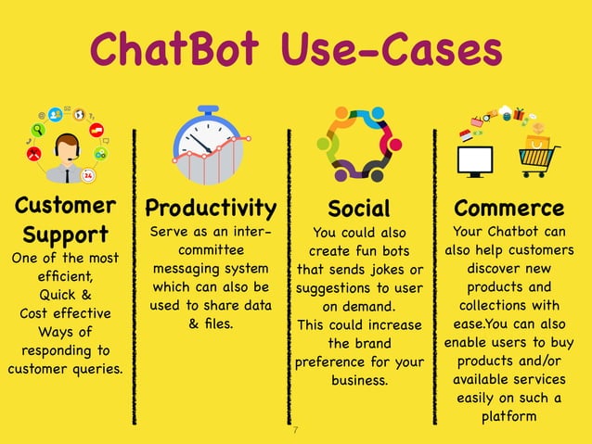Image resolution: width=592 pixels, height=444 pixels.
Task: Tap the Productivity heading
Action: [x=211, y=207]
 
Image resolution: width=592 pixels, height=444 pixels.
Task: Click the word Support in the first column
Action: [x=66, y=234]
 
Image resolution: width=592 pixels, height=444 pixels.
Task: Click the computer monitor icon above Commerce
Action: [x=475, y=159]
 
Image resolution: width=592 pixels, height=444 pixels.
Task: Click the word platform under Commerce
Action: [x=508, y=417]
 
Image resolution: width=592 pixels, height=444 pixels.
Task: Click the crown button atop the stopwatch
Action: [x=209, y=110]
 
